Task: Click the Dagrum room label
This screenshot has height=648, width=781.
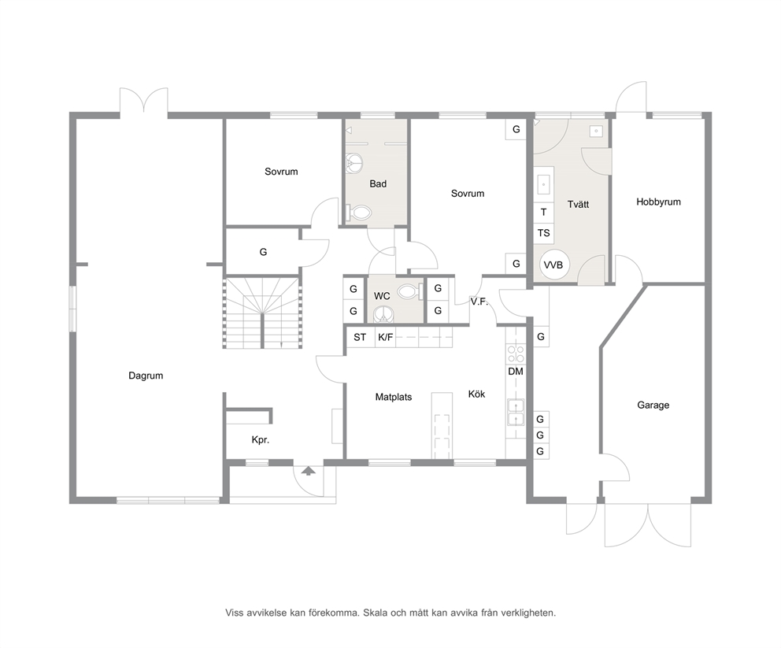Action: point(146,376)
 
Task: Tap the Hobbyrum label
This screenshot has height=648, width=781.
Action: point(658,202)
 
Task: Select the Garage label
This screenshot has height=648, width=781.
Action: point(653,405)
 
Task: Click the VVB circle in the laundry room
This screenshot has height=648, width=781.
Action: point(553,265)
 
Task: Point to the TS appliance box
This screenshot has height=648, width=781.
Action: point(543,233)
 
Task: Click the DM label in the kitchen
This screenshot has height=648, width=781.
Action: point(516,372)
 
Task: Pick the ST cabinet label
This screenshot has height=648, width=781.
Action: point(360,338)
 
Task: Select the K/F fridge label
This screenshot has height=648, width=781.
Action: point(385,338)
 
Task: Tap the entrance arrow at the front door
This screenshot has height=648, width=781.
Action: point(309,471)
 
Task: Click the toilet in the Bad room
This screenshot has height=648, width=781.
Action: point(360,213)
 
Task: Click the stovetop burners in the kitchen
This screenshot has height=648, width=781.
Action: point(516,354)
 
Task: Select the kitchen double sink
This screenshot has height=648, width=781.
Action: point(516,413)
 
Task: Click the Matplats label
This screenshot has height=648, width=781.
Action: point(394,398)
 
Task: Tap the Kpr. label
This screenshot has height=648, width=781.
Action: point(261,440)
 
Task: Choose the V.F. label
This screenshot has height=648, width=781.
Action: point(479,302)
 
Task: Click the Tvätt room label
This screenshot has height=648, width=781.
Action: point(578,204)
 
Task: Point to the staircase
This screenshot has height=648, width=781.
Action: point(262,313)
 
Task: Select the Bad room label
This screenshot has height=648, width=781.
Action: point(378,184)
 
